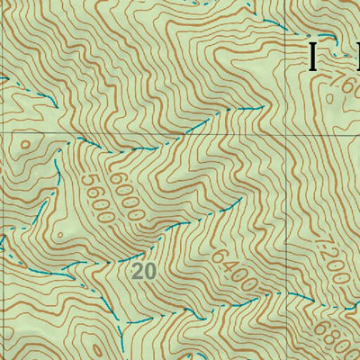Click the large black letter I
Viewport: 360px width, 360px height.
[312, 56]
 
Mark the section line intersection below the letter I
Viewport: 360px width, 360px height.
[291, 134]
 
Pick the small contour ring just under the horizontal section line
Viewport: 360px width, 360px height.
[24, 143]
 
